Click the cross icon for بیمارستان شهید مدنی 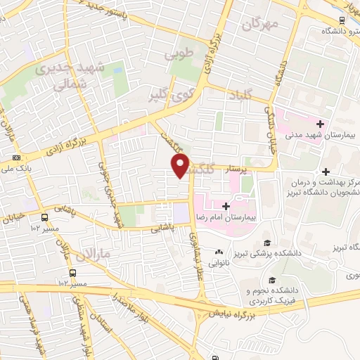[320, 124]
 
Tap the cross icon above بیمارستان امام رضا [225, 205]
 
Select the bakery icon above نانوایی [219, 252]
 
